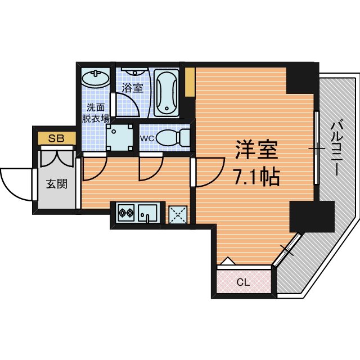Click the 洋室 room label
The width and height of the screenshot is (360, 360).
click(x=256, y=150)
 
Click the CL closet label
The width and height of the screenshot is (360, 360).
click(x=244, y=282)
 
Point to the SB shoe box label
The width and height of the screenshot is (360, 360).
click(x=56, y=138)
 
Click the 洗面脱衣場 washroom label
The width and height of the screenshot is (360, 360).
click(x=96, y=113)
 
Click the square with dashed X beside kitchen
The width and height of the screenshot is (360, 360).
click(x=179, y=214)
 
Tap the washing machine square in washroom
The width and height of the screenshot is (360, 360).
click(x=120, y=137)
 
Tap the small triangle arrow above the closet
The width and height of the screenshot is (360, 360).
click(x=227, y=262)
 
